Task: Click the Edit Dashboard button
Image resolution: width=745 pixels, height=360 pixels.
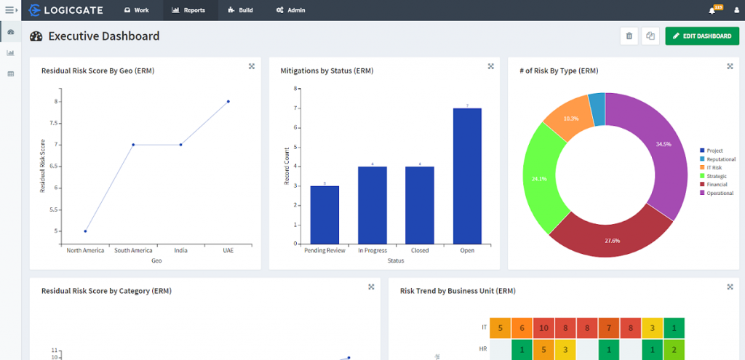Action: point(702,36)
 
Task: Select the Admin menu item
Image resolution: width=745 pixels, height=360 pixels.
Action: point(290,10)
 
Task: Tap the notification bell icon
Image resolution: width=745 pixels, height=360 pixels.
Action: point(712,10)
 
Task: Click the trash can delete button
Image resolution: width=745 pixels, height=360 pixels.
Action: point(629,36)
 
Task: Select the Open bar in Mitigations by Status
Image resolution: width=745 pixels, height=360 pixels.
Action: point(467,175)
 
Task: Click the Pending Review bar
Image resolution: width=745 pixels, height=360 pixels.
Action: point(324,215)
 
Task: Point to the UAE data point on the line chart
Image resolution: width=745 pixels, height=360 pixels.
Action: point(228,102)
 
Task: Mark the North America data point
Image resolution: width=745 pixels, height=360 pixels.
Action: point(86,231)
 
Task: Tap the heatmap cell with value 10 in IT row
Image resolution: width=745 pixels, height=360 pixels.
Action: point(544,328)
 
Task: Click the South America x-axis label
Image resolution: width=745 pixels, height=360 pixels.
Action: point(133,250)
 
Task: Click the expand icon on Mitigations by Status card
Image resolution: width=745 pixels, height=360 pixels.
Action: point(490,66)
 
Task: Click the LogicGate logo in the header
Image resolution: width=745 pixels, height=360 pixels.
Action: point(65,10)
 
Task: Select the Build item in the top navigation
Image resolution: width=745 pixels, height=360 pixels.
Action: point(240,10)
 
